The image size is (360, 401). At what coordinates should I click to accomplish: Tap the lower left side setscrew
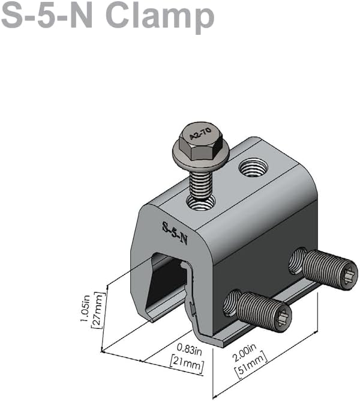[258, 309]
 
